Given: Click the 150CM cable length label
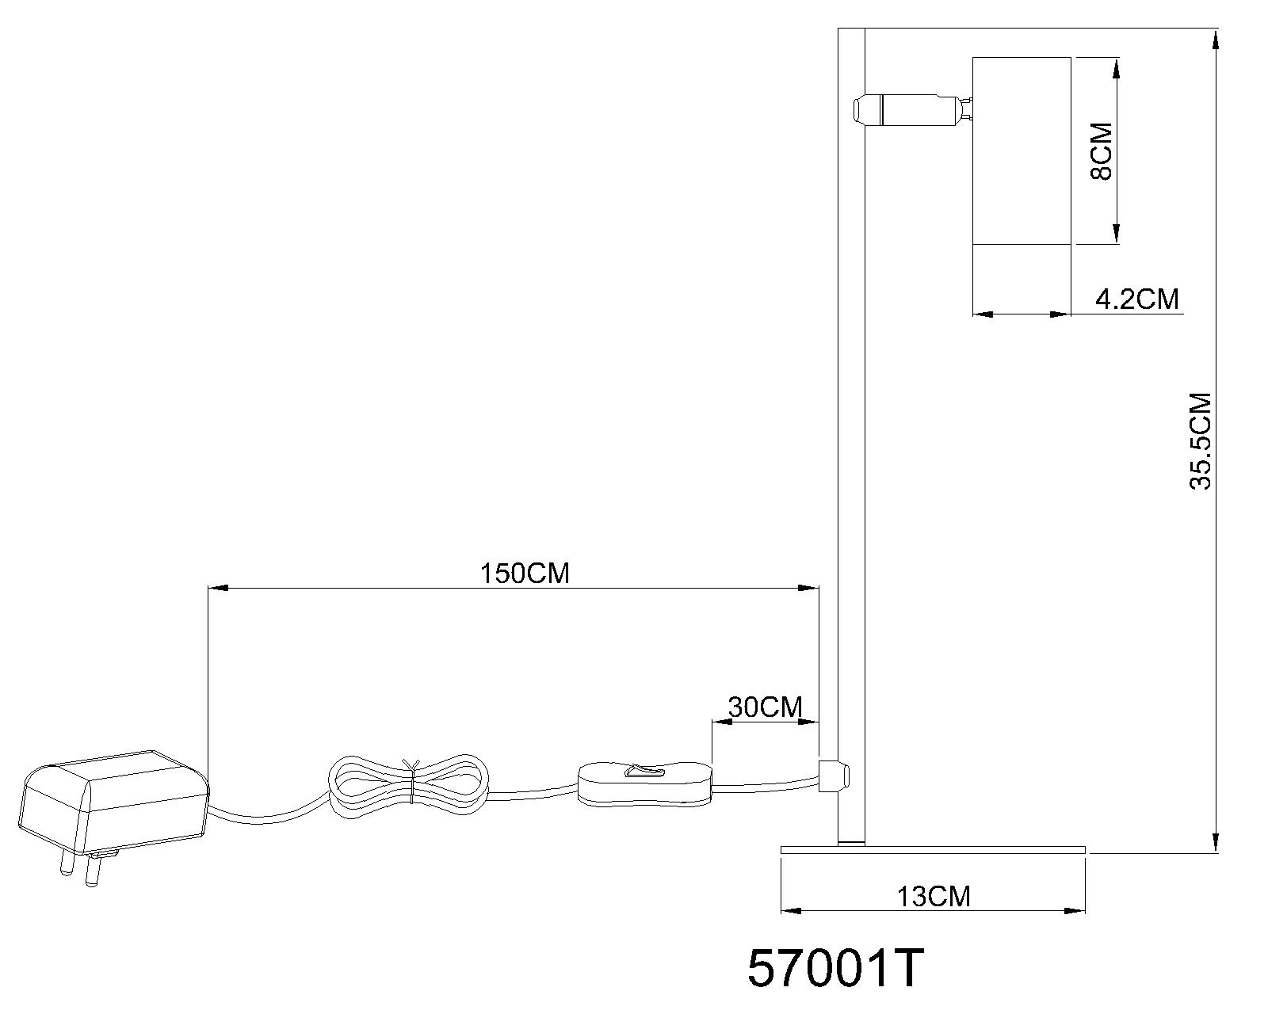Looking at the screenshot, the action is point(525,574).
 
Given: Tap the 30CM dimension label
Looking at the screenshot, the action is point(766,707).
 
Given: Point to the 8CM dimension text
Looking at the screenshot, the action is point(1101,151).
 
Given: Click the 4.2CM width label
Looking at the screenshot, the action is point(1137,299).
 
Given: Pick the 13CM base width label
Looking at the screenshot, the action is point(934,896).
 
